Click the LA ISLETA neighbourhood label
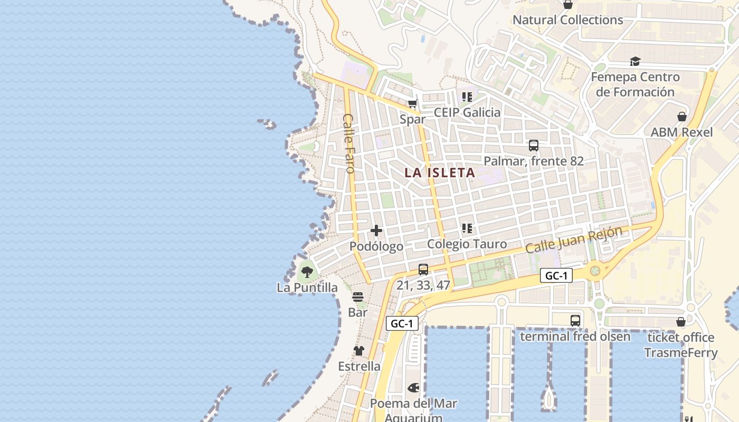tap(440, 172)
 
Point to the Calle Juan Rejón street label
tap(574, 239)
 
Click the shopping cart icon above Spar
tap(413, 103)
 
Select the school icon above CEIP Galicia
tap(467, 97)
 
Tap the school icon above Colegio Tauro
tap(467, 228)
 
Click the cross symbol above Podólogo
tap(376, 231)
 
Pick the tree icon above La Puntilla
tap(307, 272)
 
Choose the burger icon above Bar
tap(358, 297)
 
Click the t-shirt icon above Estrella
tap(359, 351)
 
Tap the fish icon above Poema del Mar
tap(413, 388)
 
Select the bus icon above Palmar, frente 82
tap(534, 146)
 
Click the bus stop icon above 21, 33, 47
tap(423, 270)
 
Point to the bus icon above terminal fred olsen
tap(575, 321)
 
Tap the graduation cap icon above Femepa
tap(635, 61)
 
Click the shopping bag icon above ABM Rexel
tap(682, 117)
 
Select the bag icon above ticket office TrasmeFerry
tap(681, 322)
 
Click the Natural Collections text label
tap(568, 20)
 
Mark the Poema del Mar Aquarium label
tap(413, 410)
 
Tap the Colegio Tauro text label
tap(467, 244)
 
